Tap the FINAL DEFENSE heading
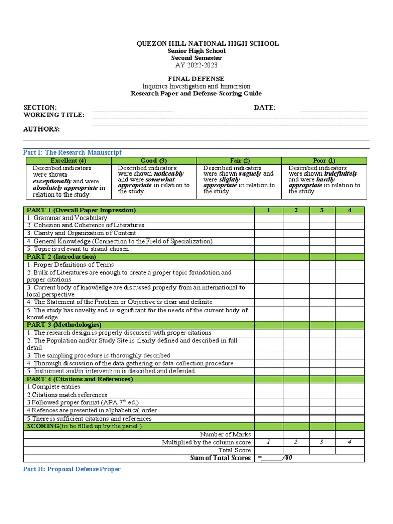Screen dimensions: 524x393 (x=196, y=79)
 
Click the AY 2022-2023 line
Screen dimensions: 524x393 (x=196, y=65)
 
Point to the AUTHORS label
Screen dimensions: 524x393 (x=41, y=129)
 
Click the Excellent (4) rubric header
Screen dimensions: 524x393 (x=68, y=161)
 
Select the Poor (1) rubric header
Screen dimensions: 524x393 (x=324, y=161)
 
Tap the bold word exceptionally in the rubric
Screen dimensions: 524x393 (x=52, y=181)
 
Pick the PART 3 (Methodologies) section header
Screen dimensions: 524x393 (x=64, y=325)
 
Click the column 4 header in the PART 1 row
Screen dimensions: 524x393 (x=350, y=210)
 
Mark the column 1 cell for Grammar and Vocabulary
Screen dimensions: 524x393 (x=269, y=218)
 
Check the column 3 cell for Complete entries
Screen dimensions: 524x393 (x=322, y=387)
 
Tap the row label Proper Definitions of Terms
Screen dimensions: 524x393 (x=70, y=265)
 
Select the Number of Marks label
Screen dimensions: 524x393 (x=225, y=434)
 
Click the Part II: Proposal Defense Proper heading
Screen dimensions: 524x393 (x=72, y=469)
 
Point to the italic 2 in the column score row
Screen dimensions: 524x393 (x=295, y=442)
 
